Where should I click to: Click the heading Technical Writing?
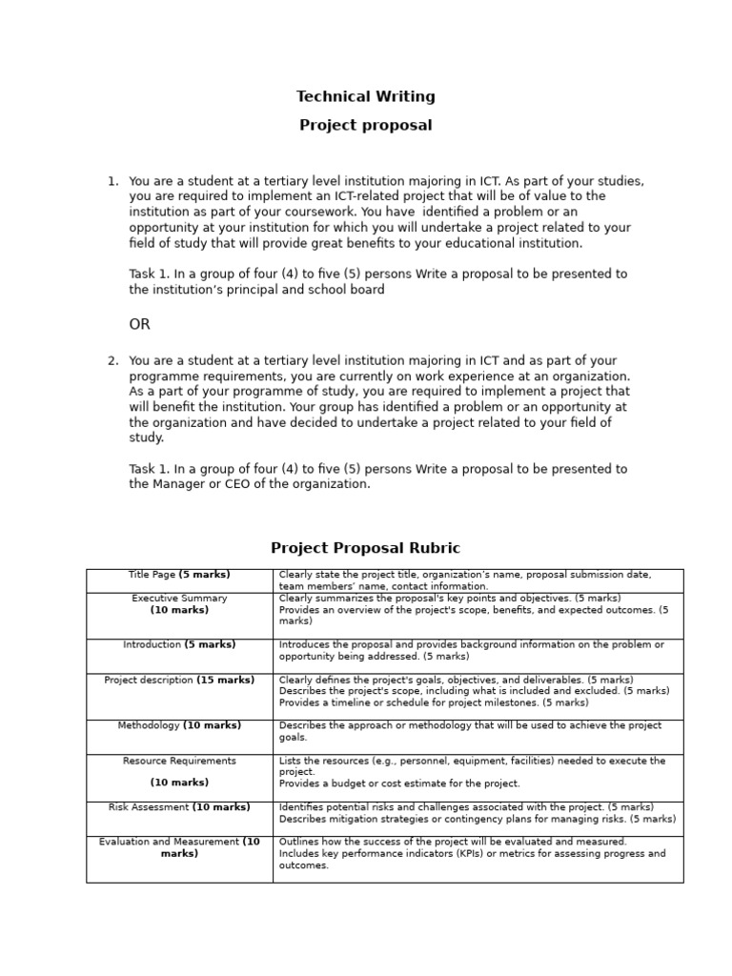coord(365,96)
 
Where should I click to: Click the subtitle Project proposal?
coord(365,126)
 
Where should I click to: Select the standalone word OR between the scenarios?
coord(140,325)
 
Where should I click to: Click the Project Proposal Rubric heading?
coord(365,548)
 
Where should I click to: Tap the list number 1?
coord(112,181)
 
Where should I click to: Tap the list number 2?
coord(112,361)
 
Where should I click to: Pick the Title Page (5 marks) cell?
coord(179,575)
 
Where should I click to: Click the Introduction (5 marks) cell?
coord(179,645)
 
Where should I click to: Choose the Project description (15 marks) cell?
coord(179,681)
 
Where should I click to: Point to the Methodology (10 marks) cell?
coord(179,726)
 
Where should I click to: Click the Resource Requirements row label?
coord(179,762)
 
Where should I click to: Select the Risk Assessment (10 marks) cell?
coord(179,807)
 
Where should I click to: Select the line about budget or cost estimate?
coord(399,783)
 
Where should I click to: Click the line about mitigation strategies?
coord(477,819)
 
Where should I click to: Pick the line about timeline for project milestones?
coord(434,702)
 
